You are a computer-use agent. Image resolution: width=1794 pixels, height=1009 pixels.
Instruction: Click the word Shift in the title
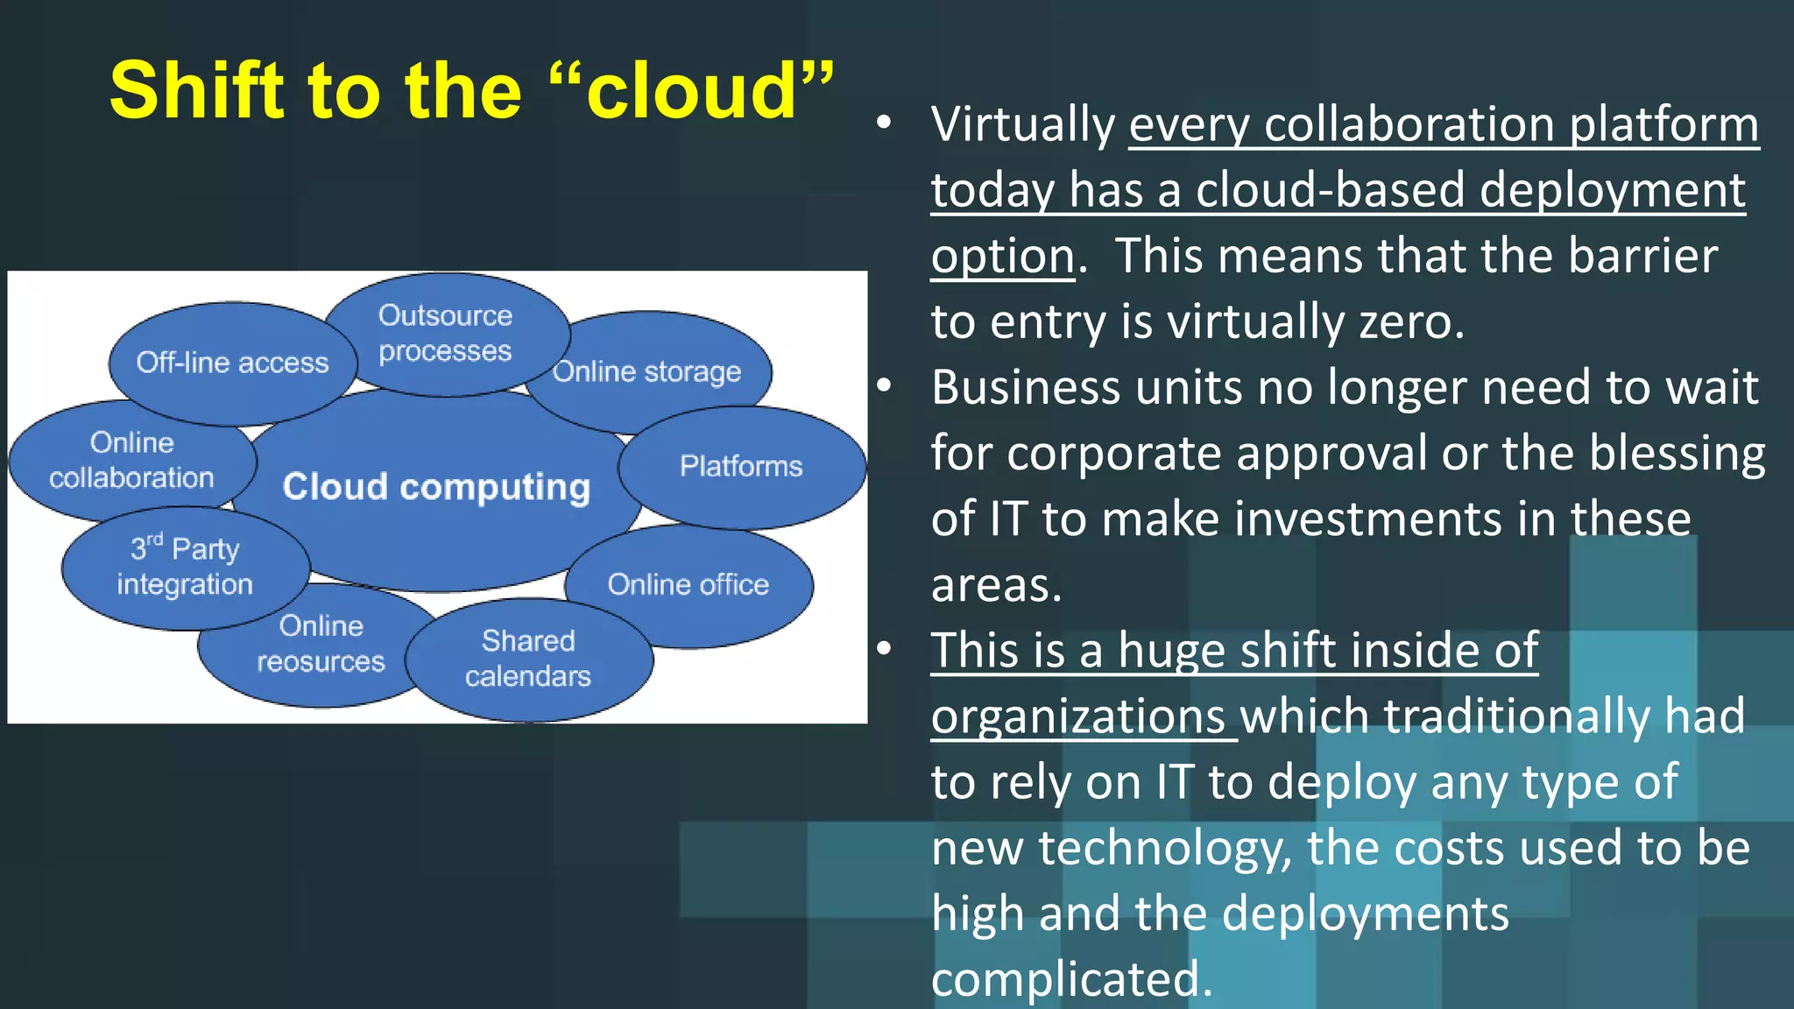(197, 90)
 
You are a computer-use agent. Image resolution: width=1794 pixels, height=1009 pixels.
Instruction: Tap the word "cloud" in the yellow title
(692, 90)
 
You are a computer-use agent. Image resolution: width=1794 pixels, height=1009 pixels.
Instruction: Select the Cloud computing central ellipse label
(436, 487)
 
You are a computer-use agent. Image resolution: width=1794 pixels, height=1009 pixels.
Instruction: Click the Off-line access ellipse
(232, 363)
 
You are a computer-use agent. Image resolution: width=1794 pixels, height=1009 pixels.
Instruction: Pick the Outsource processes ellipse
(445, 333)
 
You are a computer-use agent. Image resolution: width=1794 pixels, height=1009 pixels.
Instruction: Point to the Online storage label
(647, 371)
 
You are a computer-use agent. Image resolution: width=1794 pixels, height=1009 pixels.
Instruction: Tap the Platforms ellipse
(741, 466)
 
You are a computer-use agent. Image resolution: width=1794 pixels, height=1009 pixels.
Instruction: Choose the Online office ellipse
(689, 584)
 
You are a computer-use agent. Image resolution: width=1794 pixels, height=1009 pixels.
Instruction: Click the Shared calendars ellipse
(528, 659)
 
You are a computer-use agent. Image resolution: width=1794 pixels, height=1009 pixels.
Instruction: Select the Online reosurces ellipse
(321, 644)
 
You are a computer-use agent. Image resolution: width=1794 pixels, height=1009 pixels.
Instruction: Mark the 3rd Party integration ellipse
(185, 567)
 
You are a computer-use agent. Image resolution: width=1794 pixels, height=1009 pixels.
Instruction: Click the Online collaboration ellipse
(131, 460)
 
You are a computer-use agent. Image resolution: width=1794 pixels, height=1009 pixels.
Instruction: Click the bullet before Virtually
(884, 124)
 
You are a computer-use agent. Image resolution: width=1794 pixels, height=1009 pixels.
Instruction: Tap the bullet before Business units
(884, 385)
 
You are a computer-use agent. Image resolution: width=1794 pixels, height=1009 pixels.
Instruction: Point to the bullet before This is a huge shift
(884, 649)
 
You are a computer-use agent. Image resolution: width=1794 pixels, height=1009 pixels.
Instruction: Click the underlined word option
(1002, 256)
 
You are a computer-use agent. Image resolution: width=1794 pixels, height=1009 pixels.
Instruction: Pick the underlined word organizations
(1078, 716)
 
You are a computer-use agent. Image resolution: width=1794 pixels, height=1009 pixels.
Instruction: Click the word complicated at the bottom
(1070, 979)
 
